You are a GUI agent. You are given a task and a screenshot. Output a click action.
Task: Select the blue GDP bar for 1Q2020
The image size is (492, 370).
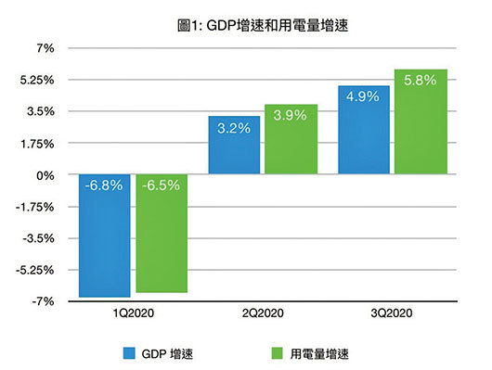coord(104,236)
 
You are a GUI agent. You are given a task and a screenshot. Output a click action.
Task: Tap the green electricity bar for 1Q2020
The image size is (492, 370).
coord(161,233)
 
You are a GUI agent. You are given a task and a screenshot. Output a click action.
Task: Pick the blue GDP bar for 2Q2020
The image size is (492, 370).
coord(234,146)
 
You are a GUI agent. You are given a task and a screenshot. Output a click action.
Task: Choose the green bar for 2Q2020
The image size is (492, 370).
coord(291,139)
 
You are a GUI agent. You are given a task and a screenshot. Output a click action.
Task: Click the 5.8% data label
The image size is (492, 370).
coord(420,81)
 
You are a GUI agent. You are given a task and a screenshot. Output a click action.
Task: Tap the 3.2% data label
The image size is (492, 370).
coord(234,128)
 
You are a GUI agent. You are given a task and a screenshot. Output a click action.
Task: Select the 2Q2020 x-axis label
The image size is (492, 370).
coord(262,315)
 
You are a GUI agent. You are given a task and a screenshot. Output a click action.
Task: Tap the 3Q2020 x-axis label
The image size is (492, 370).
coord(391,315)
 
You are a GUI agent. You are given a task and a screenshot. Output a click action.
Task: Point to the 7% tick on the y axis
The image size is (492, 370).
coord(47,48)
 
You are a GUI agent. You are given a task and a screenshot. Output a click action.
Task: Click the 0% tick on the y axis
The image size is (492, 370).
coord(46,175)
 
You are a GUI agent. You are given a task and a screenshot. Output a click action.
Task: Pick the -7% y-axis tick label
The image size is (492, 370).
coord(45,302)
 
